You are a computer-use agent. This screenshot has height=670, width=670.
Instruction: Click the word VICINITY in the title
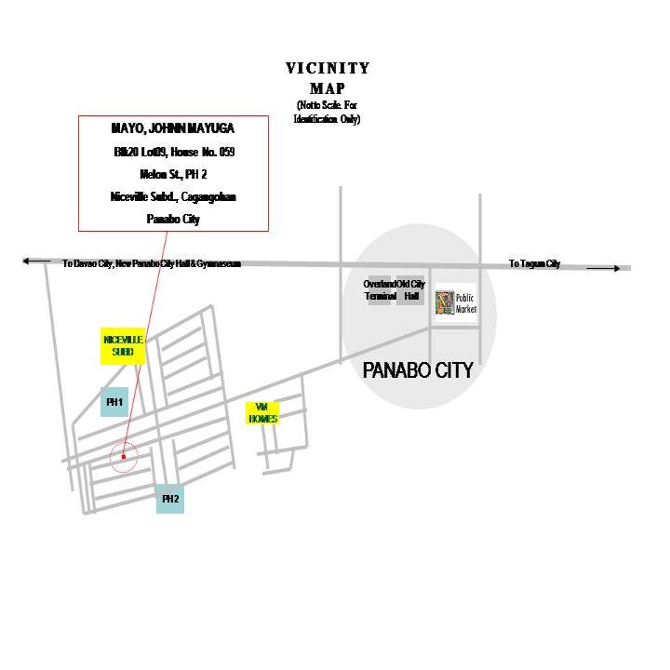[328, 68]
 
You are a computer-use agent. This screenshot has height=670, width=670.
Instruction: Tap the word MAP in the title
[328, 88]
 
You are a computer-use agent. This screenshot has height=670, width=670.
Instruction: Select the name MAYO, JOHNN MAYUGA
[173, 128]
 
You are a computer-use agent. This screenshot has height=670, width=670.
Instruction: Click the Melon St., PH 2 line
[173, 174]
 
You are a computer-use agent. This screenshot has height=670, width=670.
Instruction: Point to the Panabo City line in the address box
[173, 220]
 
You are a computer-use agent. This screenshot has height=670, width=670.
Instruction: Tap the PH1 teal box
[114, 402]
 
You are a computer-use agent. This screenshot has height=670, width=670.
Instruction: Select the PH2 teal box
[170, 499]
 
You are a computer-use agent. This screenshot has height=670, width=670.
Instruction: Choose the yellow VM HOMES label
[262, 413]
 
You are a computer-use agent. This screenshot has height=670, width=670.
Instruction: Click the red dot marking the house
[123, 457]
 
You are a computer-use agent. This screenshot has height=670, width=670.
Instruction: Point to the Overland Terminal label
[380, 290]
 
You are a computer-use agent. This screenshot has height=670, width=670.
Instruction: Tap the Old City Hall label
[411, 290]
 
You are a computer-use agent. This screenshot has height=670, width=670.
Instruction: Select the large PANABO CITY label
[418, 370]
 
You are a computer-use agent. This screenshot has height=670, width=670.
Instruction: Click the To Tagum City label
[534, 264]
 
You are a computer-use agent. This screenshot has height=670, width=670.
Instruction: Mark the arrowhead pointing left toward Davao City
[29, 261]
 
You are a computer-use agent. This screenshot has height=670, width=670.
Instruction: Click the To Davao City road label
[152, 264]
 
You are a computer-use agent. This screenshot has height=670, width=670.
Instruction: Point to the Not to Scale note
[328, 113]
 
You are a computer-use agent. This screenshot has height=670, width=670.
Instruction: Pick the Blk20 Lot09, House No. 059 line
[173, 151]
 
